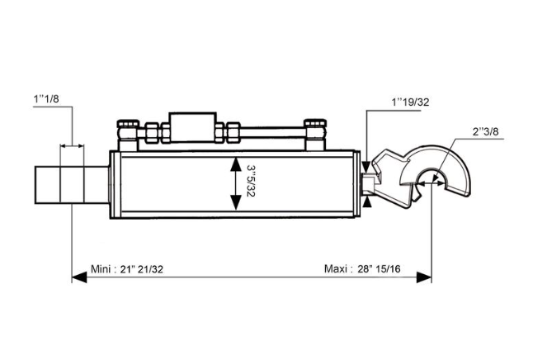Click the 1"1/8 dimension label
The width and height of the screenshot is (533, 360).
pyautogui.click(x=46, y=99)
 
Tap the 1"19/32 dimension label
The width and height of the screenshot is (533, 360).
pyautogui.click(x=410, y=102)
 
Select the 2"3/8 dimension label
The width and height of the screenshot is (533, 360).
pyautogui.click(x=485, y=131)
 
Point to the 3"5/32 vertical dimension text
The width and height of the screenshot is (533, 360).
pyautogui.click(x=251, y=181)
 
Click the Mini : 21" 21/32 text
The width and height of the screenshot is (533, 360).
pyautogui.click(x=127, y=269)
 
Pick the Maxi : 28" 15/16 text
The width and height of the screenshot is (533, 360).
pyautogui.click(x=362, y=269)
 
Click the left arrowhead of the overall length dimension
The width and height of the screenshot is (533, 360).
pyautogui.click(x=79, y=277)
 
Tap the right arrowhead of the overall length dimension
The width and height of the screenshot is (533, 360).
pyautogui.click(x=424, y=277)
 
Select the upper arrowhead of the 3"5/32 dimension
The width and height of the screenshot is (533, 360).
pyautogui.click(x=236, y=164)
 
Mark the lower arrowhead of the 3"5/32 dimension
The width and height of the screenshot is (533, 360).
pyautogui.click(x=236, y=203)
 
